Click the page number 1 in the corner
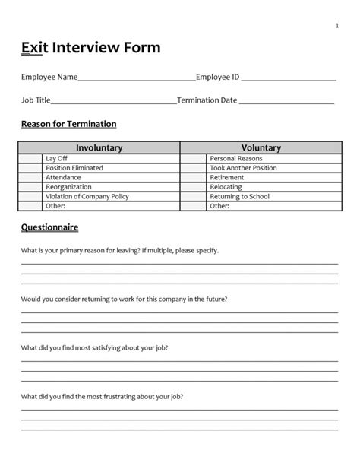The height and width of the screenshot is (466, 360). [x=336, y=27]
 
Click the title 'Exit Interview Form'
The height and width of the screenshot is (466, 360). [x=91, y=49]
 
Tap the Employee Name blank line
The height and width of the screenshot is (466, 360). [x=137, y=78]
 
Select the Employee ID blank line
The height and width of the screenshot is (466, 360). [x=288, y=78]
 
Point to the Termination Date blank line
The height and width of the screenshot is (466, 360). [x=286, y=100]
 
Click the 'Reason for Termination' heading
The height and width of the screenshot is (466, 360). [x=68, y=124]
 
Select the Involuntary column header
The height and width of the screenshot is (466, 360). [x=99, y=147]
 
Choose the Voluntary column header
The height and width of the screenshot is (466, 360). [x=261, y=147]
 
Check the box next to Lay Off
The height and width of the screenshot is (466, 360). [x=31, y=158]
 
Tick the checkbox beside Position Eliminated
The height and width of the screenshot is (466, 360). [x=31, y=168]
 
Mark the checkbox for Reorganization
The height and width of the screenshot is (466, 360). [x=31, y=187]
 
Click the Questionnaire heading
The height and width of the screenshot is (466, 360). [x=50, y=227]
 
